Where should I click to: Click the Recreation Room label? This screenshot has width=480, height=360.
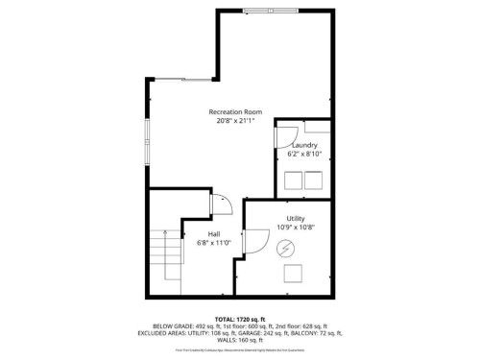click(235, 112)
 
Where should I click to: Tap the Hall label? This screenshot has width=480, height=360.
click(215, 233)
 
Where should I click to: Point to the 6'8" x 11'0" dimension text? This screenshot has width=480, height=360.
click(215, 243)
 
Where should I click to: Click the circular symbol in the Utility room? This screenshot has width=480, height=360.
click(285, 249)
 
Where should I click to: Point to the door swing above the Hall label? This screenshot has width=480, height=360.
click(219, 204)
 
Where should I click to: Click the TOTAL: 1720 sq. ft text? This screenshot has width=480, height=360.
click(240, 318)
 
